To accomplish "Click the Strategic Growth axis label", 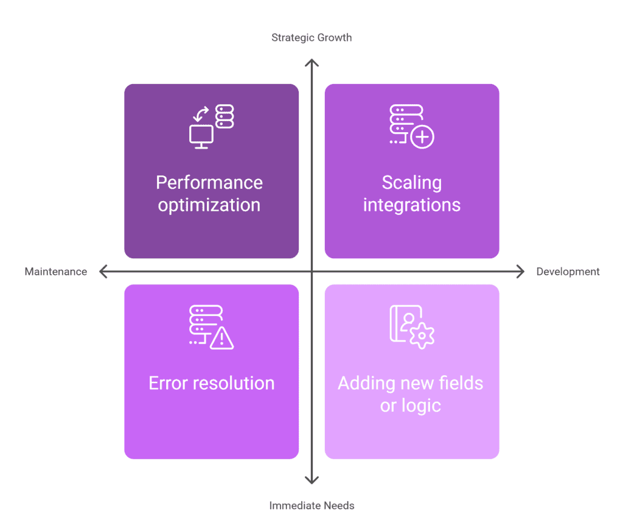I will (311, 38).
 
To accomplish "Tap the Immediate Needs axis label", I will (311, 506).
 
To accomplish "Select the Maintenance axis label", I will (56, 272).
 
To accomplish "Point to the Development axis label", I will (568, 272).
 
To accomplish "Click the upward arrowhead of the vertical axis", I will (311, 62).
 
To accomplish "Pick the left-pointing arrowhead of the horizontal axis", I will (102, 272).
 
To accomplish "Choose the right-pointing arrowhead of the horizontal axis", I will (521, 272).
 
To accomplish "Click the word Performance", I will (209, 183).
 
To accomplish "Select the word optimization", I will (209, 205).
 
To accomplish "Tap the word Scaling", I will (412, 183).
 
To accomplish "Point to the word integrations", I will (412, 205).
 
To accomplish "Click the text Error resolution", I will (211, 383).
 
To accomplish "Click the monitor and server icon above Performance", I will (211, 126).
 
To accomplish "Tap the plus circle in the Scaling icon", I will (422, 137).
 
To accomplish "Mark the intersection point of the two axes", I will (311, 272).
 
